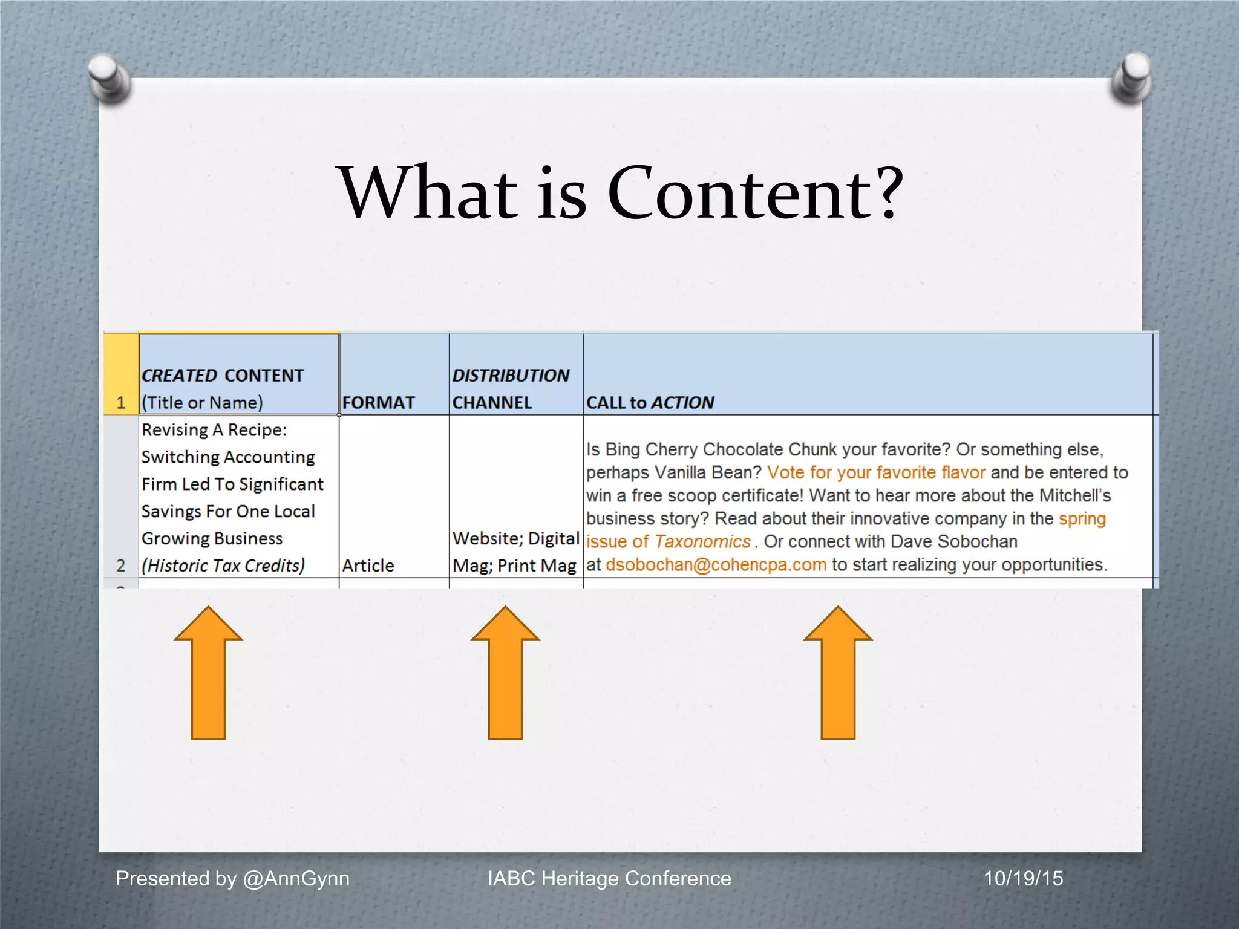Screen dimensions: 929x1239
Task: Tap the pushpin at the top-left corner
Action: point(110,77)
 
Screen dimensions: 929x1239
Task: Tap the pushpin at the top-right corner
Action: point(1132,77)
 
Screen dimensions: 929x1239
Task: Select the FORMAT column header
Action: point(379,402)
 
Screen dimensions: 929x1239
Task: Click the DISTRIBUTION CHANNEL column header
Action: point(511,388)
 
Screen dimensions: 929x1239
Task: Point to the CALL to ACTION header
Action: point(650,402)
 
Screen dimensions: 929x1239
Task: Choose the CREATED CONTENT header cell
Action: point(223,388)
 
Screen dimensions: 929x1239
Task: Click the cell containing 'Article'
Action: point(368,566)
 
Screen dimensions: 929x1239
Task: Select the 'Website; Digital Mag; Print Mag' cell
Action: point(515,552)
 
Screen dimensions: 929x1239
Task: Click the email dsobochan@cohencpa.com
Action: point(716,565)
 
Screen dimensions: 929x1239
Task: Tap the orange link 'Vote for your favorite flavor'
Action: point(876,472)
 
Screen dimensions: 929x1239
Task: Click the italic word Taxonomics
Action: point(702,541)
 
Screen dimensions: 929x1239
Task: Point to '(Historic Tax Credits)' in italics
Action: point(223,566)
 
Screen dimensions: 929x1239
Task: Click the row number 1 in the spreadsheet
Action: point(121,402)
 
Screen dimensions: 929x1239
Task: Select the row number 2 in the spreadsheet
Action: point(121,566)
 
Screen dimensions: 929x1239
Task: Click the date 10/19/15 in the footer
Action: point(1023,878)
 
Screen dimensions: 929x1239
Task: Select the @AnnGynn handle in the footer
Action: point(296,878)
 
